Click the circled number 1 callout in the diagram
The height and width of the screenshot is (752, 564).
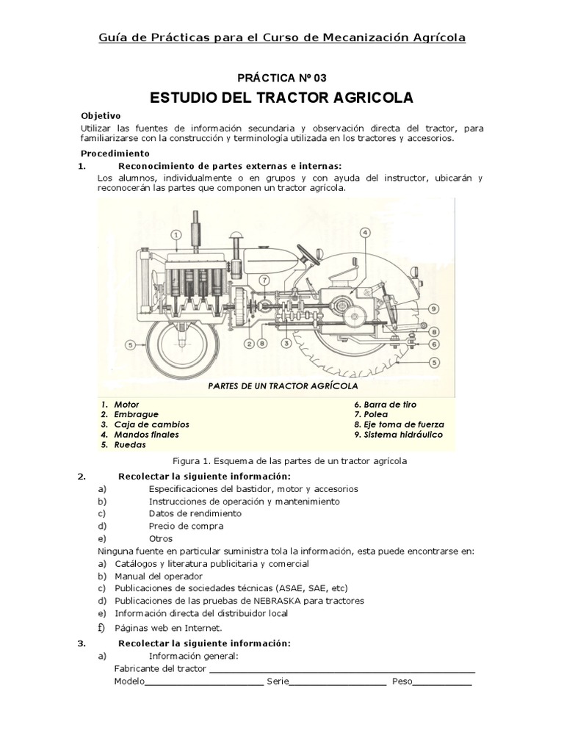click(176, 235)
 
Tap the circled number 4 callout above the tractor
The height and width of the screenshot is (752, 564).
click(365, 233)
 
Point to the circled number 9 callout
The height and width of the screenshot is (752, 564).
click(434, 308)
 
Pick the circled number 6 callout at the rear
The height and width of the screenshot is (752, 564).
click(434, 344)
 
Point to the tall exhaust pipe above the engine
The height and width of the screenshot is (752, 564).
click(196, 228)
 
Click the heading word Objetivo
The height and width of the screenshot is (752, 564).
click(101, 116)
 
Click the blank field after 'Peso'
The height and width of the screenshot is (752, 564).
click(443, 681)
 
